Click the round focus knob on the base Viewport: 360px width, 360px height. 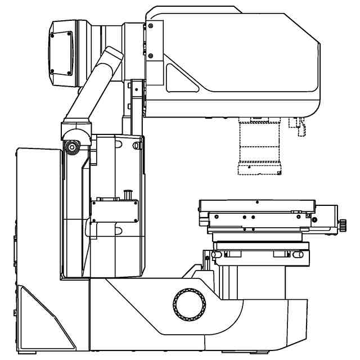[189, 304]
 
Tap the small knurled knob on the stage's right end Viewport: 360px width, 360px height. [343, 225]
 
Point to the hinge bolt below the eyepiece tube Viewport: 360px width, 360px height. [72, 146]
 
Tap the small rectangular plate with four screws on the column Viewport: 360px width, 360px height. [115, 211]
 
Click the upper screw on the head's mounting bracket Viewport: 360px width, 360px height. [151, 24]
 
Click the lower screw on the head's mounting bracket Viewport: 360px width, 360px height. [151, 55]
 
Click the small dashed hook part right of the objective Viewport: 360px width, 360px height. [298, 127]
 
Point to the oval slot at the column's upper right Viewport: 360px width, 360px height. [136, 145]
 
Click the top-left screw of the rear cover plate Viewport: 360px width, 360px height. [52, 34]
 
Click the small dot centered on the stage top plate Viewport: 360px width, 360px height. [257, 201]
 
